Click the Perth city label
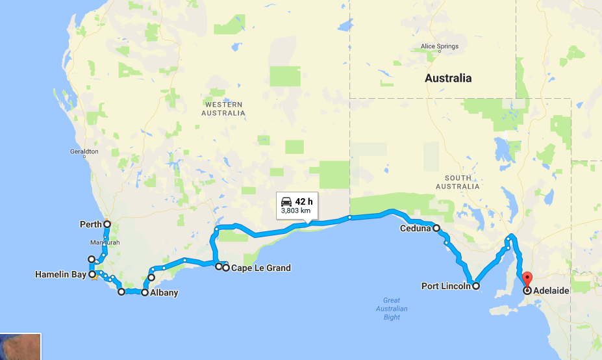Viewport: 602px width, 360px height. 90,225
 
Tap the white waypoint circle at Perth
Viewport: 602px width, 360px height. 107,224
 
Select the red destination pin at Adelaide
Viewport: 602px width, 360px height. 527,284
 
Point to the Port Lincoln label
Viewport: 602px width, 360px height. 445,286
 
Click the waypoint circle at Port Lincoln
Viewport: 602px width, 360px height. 476,285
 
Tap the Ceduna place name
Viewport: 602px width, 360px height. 416,229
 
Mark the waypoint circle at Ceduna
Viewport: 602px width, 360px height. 437,228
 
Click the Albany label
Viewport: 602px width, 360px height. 164,293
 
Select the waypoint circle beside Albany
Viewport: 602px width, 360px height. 145,292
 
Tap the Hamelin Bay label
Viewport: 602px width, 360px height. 60,275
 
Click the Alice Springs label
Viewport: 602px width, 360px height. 440,46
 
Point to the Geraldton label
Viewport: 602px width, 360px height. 84,151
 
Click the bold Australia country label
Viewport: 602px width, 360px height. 448,78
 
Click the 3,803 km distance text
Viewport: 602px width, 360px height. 295,211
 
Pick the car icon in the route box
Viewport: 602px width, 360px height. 286,201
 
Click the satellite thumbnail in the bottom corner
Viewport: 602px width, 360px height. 20,347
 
